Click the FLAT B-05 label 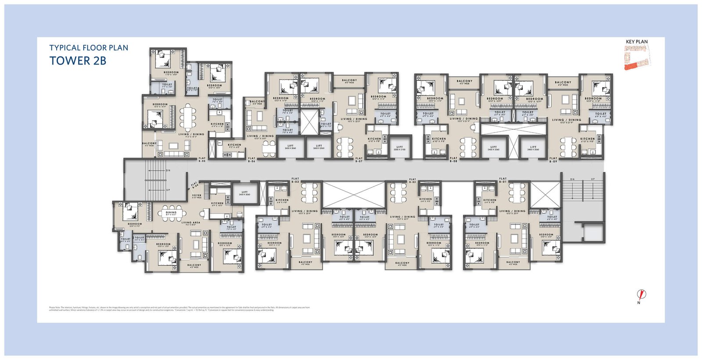[x=202, y=160]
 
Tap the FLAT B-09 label [x=553, y=160]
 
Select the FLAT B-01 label [x=503, y=180]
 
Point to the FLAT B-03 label [x=295, y=180]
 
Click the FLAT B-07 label [x=359, y=160]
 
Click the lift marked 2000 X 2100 [x=399, y=148]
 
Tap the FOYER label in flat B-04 [x=197, y=196]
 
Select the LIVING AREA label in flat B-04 [x=191, y=223]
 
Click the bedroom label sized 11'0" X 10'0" [x=171, y=73]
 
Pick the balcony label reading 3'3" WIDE [x=257, y=102]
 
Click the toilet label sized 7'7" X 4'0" [x=167, y=85]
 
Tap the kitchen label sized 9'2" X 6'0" [x=234, y=145]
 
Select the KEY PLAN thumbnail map [x=637, y=57]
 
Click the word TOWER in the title [x=70, y=61]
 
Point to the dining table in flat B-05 [x=188, y=118]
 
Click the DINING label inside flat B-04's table [x=171, y=213]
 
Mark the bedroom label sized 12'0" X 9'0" [x=135, y=224]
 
